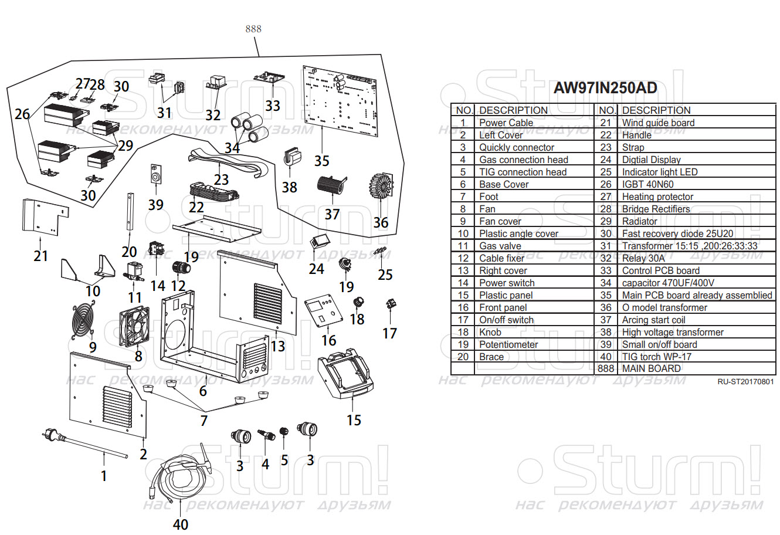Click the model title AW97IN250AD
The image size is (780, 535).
(x=605, y=88)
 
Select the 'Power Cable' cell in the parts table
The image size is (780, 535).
(x=506, y=123)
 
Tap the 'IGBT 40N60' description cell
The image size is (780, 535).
(x=647, y=184)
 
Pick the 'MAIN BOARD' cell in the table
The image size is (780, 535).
(x=651, y=368)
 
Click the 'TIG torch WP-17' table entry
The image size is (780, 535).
(x=656, y=357)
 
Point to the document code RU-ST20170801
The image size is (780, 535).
(x=745, y=382)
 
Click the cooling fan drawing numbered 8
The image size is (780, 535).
(x=134, y=327)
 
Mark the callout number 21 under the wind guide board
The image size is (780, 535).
(x=40, y=256)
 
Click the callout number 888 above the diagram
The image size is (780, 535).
(x=253, y=29)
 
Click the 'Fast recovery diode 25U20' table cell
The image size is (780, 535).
(x=677, y=233)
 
